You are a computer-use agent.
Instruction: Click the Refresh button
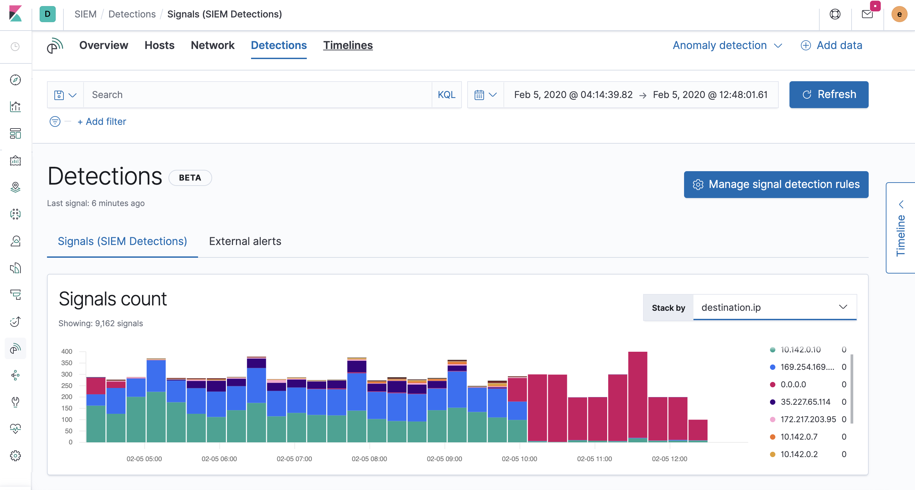(x=828, y=94)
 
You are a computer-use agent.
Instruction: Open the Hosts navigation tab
(x=159, y=45)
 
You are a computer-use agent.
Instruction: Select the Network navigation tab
(x=212, y=45)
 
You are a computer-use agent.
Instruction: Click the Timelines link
(x=347, y=45)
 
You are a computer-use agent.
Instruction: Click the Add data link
(x=831, y=45)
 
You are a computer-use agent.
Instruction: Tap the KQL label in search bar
(x=446, y=94)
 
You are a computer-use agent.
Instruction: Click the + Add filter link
(x=102, y=121)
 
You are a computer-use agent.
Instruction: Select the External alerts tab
(x=245, y=241)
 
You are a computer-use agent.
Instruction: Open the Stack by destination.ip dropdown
(x=774, y=307)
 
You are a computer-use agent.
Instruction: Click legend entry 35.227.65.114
(x=805, y=402)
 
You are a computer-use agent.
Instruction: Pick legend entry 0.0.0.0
(x=793, y=384)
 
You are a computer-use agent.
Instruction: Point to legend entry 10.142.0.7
(x=799, y=436)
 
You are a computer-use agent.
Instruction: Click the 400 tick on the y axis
(x=66, y=351)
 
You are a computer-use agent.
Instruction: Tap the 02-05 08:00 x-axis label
(x=369, y=458)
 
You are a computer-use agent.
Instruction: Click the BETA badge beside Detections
(x=190, y=178)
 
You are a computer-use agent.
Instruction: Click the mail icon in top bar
(x=867, y=14)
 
